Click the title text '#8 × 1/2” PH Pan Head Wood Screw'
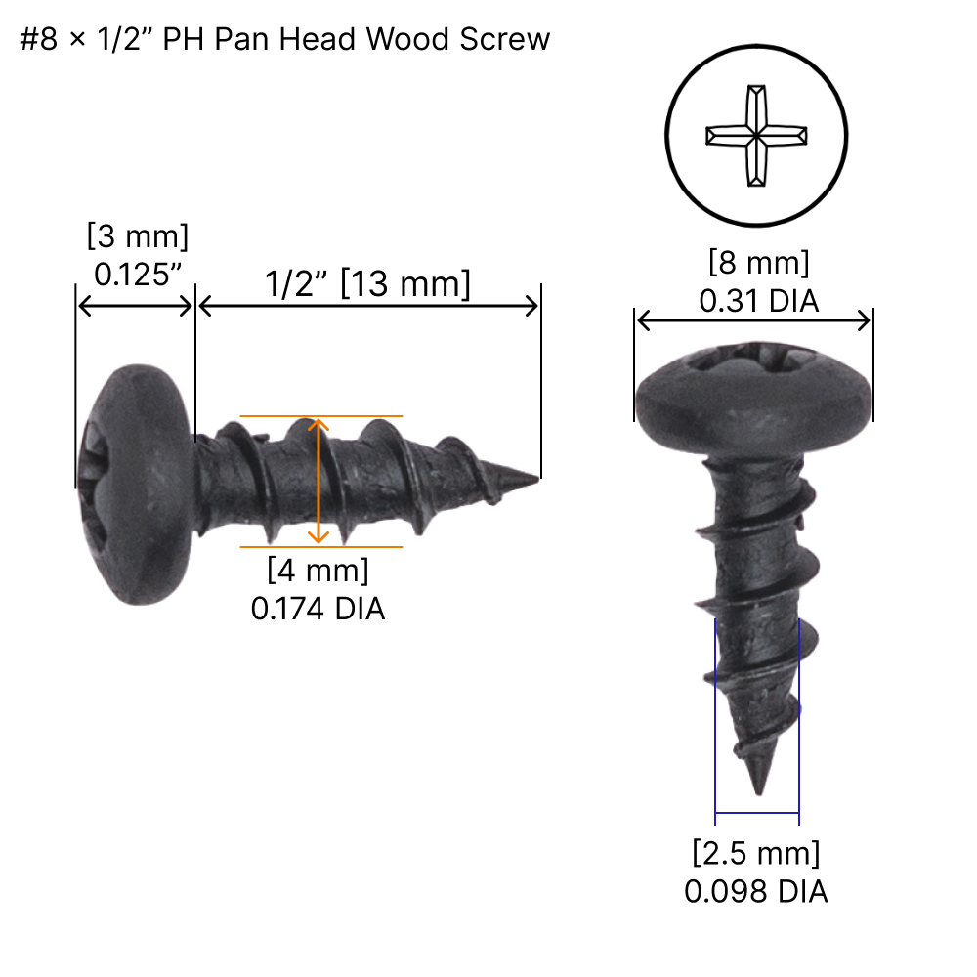tap(285, 40)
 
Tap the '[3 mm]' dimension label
tap(137, 237)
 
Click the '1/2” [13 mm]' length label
tap(367, 284)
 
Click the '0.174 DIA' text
tap(318, 609)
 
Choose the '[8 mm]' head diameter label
tap(758, 264)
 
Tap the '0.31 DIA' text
tap(758, 302)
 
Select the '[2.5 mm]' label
tap(756, 853)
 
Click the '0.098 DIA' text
tap(756, 891)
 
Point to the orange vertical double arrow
tap(318, 480)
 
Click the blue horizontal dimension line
tap(757, 812)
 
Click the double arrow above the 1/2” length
tap(367, 307)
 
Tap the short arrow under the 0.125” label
tap(135, 307)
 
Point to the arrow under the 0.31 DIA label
tap(753, 320)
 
